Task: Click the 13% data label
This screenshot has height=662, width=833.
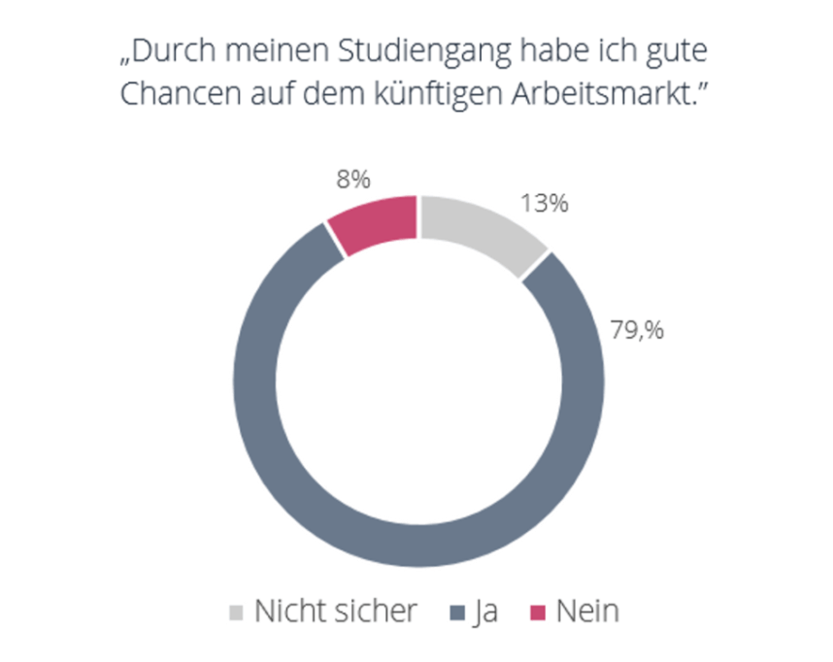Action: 544,204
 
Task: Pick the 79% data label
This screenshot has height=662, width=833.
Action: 636,329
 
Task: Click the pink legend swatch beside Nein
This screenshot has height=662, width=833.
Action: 537,612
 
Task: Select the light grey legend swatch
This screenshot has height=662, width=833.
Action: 236,612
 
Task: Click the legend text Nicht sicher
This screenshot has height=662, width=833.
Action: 336,612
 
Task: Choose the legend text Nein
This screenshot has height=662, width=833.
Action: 587,612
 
